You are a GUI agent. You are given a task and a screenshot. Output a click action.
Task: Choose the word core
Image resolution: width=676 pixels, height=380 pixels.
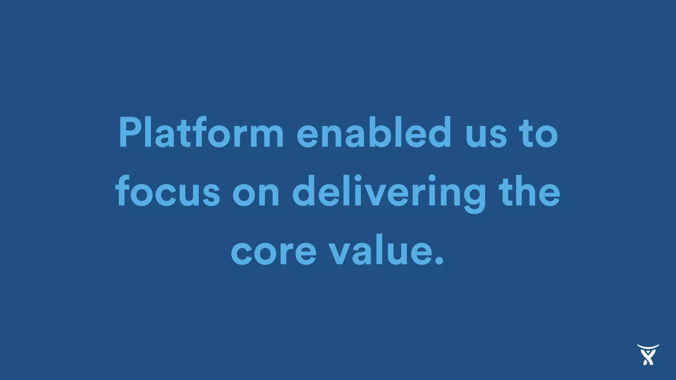274,253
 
